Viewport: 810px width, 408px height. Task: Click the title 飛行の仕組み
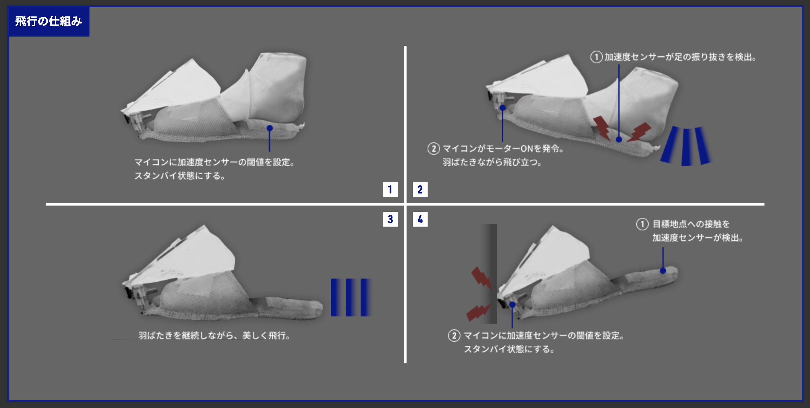point(48,21)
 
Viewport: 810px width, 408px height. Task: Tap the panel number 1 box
point(390,189)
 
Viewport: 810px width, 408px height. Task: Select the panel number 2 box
point(420,189)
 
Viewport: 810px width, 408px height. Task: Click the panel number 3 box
point(390,219)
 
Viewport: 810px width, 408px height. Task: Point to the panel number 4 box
point(420,219)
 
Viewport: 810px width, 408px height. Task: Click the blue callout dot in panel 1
point(269,128)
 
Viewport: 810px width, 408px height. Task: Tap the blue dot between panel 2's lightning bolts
point(619,140)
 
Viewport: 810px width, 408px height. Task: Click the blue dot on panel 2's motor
point(503,108)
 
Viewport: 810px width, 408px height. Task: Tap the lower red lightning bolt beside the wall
point(479,312)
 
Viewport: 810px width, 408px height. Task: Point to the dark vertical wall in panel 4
point(490,274)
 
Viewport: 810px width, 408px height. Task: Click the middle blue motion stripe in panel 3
point(351,297)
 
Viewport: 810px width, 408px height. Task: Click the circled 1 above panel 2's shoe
point(596,57)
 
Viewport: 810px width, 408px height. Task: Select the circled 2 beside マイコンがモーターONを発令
point(433,148)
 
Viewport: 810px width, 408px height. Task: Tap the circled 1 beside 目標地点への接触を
point(642,224)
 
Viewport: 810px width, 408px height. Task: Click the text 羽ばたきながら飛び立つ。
point(492,162)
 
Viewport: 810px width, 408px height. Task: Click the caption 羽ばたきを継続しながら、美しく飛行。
point(215,335)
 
